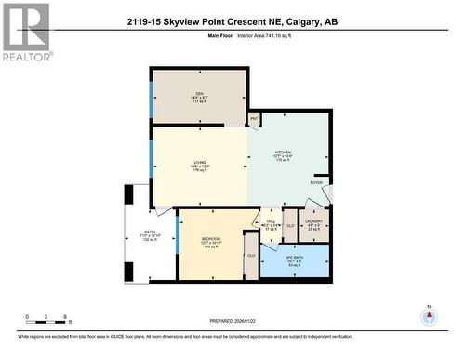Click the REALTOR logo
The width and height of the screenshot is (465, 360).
(25, 32)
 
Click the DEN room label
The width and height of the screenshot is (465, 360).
(199, 91)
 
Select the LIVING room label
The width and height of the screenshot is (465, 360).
(199, 163)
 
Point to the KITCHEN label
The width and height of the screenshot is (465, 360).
(283, 152)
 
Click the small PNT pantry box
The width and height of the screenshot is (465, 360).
(254, 119)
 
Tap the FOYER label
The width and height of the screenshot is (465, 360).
(316, 183)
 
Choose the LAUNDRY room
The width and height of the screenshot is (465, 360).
(314, 221)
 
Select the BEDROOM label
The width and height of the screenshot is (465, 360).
(211, 239)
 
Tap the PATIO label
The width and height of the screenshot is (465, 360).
(150, 233)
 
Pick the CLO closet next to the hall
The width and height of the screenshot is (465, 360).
(290, 225)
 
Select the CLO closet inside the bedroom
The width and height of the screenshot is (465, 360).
(251, 255)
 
